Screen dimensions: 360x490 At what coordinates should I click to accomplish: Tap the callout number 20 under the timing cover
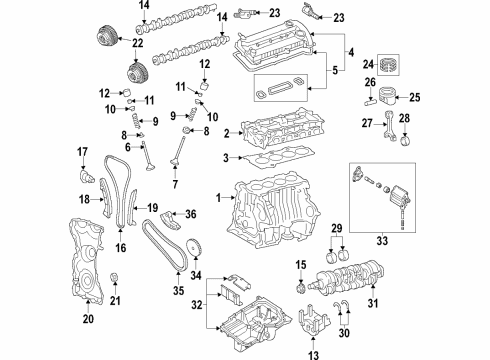coord(88,320)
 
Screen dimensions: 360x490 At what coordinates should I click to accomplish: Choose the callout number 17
coord(84,151)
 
